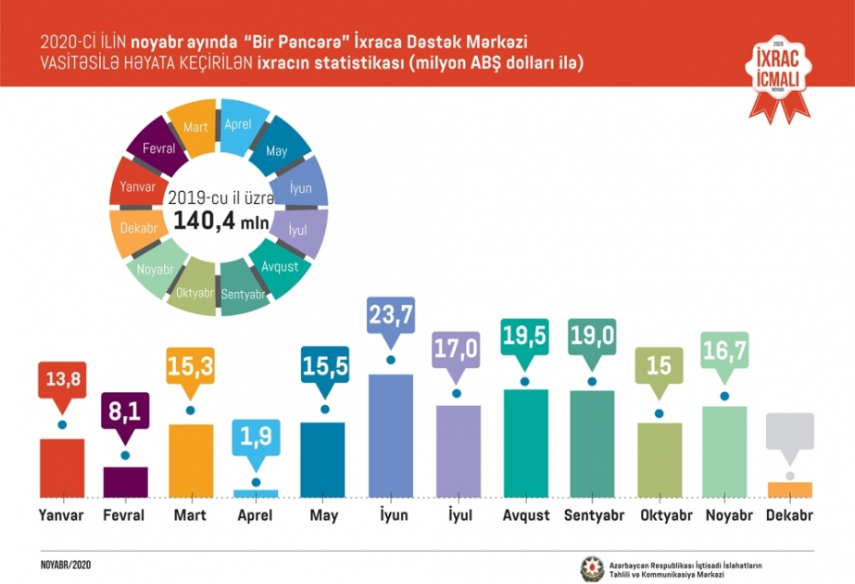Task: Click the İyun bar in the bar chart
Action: [x=390, y=436]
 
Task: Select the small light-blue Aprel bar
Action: [x=256, y=493]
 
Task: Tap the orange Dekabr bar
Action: [x=789, y=489]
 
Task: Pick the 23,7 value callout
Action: [x=391, y=322]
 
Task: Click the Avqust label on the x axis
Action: [x=526, y=515]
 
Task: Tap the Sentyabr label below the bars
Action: [x=594, y=515]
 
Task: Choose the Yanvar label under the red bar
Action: [x=61, y=515]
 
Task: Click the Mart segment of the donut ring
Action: [x=193, y=127]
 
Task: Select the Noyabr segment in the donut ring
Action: [x=156, y=268]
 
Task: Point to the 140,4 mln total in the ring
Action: [x=220, y=221]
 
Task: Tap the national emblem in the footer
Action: [x=592, y=569]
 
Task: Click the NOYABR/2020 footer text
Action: [x=66, y=565]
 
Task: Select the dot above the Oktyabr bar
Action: [x=659, y=413]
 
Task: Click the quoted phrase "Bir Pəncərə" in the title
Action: [x=296, y=43]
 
